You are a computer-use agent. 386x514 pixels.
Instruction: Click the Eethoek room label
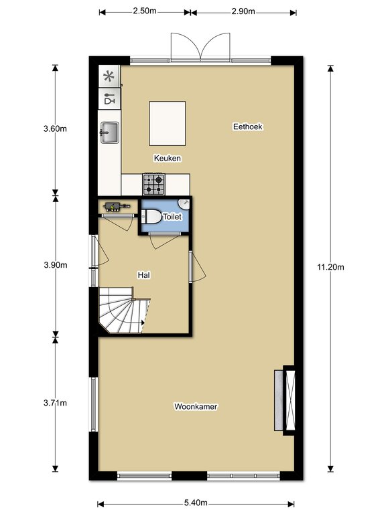coord(247,126)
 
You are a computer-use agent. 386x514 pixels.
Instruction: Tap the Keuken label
coord(168,159)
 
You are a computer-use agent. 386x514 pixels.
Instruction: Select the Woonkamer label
coord(196,406)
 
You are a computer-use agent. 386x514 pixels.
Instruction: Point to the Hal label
coord(144,275)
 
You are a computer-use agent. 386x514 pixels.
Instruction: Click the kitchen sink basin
coord(109,133)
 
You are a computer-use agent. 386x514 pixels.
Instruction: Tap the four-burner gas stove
coord(153,184)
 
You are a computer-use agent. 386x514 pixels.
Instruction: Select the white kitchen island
coord(168,123)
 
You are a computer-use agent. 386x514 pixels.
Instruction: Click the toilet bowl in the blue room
coord(151,217)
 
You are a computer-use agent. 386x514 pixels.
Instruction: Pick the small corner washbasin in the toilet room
coord(184,203)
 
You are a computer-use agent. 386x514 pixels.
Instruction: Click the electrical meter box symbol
coord(114,207)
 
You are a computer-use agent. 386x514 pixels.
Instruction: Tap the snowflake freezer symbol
coord(109,77)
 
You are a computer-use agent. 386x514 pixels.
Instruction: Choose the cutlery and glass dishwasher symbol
coord(109,98)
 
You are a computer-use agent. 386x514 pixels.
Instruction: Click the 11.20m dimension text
coord(330,267)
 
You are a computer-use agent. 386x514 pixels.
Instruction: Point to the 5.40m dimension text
coord(196,503)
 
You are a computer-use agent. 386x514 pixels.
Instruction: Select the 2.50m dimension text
coord(145,11)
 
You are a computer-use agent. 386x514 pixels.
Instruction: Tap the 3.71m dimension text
coord(55,402)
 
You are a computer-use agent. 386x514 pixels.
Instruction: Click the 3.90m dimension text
coord(56,265)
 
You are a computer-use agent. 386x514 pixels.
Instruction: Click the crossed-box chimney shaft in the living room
coord(290,400)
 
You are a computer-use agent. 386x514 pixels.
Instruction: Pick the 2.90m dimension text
coord(243,11)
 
